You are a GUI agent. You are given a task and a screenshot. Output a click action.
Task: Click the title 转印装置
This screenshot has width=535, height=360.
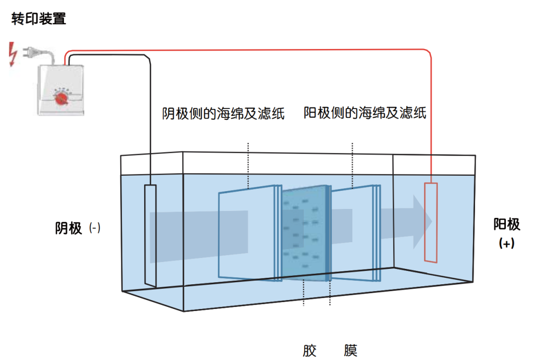point(39,18)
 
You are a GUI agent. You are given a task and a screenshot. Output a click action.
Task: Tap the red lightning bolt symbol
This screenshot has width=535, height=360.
point(13,54)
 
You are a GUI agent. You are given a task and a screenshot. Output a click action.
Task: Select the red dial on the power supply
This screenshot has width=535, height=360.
point(61,98)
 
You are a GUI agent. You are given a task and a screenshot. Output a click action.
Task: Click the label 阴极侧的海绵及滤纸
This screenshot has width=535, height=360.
point(223,113)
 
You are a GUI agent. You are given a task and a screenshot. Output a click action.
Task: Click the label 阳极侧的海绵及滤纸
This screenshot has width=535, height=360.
point(365,112)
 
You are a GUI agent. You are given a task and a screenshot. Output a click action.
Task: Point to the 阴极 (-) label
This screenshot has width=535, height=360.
point(78,228)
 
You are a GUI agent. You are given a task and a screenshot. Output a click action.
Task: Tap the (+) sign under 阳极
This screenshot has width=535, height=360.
point(507,243)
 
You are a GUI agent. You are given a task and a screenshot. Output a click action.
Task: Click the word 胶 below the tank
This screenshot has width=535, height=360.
point(310,351)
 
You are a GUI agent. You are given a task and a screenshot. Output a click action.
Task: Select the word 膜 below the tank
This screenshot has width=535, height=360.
point(350,351)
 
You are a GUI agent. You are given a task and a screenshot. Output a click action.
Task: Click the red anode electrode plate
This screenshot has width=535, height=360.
point(431,222)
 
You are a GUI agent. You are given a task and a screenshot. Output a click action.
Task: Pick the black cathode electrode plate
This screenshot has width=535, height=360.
point(151,235)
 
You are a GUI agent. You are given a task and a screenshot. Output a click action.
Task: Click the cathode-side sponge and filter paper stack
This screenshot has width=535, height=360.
point(250,233)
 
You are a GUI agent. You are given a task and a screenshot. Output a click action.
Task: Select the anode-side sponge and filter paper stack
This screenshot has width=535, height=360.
point(356,233)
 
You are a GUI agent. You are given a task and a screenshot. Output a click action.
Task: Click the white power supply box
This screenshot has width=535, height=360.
point(61,90)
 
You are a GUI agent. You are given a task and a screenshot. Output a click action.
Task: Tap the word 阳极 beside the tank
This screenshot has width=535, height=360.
point(507,224)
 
